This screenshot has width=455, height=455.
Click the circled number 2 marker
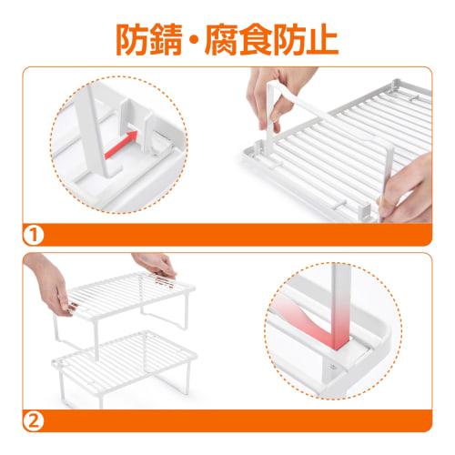(x=32, y=420)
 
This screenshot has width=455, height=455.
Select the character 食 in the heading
(x=301, y=38)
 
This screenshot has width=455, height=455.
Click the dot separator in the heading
(x=219, y=39)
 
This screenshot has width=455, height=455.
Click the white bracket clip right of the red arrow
(x=158, y=142)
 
